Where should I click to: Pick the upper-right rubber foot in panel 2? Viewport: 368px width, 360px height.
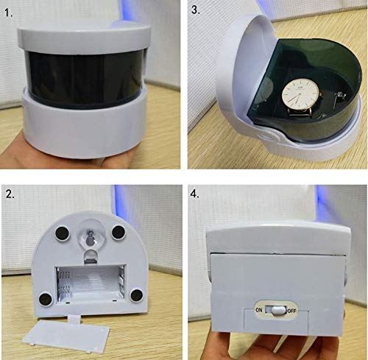(x=116, y=235)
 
